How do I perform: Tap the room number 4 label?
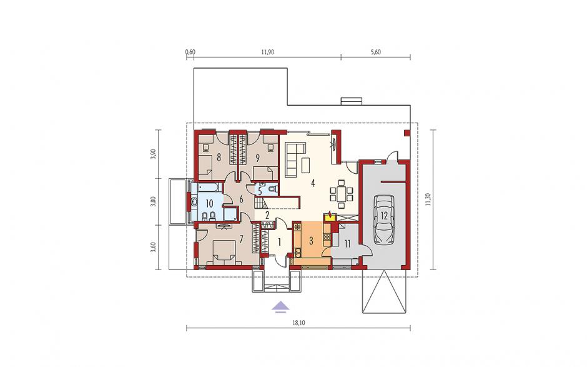tap(312, 184)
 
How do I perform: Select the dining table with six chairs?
tap(341, 194)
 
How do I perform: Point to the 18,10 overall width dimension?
tap(298, 323)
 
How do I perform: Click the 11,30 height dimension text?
tap(428, 199)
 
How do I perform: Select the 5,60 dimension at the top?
tap(375, 52)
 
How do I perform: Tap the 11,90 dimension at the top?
tap(267, 52)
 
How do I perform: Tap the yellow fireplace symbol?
tap(330, 215)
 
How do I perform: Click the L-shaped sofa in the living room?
tap(294, 159)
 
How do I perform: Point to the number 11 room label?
tap(347, 244)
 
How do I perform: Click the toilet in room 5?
tap(274, 188)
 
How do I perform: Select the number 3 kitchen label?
tap(311, 240)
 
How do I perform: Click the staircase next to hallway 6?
tap(260, 204)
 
